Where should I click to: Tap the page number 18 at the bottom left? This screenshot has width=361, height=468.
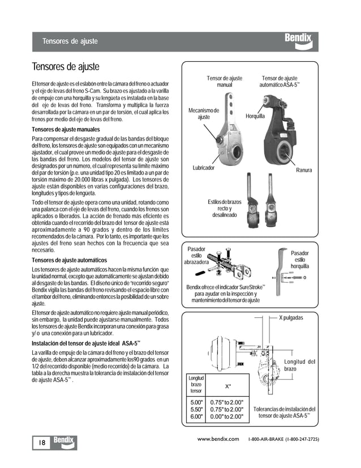pos(41,442)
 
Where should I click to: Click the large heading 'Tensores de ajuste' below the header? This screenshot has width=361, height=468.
pos(66,67)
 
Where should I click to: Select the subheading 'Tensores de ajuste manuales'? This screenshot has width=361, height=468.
pos(70,130)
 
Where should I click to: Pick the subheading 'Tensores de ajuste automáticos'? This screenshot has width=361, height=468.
pos(73,259)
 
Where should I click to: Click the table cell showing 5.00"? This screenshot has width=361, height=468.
pos(196,402)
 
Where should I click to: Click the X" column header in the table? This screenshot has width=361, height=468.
pos(227,386)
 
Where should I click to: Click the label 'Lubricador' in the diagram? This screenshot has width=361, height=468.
pos(204,168)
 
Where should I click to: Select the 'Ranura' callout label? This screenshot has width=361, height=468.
pos(303,170)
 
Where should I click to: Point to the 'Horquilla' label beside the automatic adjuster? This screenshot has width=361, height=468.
pos(255,116)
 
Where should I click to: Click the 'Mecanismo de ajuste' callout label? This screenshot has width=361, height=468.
pos(204,113)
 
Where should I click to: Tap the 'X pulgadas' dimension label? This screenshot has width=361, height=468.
pos(291,318)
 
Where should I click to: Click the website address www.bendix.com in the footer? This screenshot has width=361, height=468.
pos(220,439)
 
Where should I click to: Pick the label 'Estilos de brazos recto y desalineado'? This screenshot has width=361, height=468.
pos(224,209)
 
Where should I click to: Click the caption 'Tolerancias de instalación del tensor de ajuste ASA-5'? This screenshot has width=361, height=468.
pos(284,412)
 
